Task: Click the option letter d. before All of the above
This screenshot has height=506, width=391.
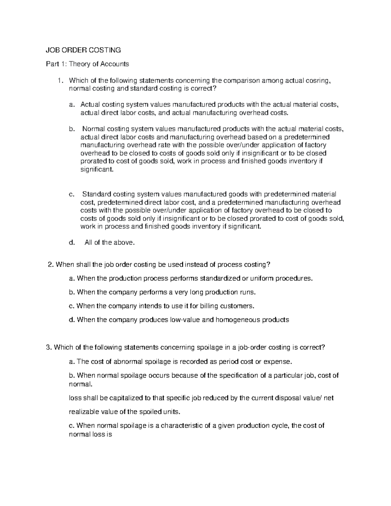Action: [x=72, y=242]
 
